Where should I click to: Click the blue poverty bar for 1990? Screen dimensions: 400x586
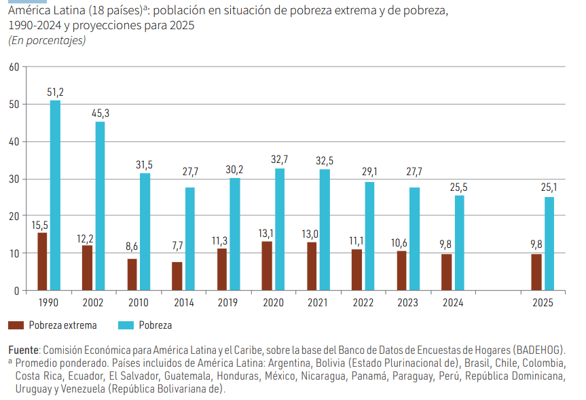pyautogui.click(x=55, y=196)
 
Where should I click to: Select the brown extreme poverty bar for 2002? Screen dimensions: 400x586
pyautogui.click(x=88, y=268)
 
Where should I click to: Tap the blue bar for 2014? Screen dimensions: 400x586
pyautogui.click(x=190, y=239)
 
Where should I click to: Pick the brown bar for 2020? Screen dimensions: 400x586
pyautogui.click(x=267, y=266)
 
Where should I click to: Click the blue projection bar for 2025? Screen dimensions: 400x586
pyautogui.click(x=549, y=244)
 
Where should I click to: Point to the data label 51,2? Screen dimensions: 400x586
pyautogui.click(x=55, y=91)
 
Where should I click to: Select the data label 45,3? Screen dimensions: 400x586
pyautogui.click(x=100, y=113)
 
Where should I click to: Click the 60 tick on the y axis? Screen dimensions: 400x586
pyautogui.click(x=14, y=67)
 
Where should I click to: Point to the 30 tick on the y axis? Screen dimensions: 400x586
pyautogui.click(x=14, y=179)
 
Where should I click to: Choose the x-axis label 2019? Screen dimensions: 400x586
pyautogui.click(x=228, y=303)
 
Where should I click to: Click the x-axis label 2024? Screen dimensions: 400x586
pyautogui.click(x=453, y=303)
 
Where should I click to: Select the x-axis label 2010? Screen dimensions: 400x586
pyautogui.click(x=139, y=303)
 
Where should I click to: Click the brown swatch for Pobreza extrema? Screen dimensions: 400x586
pyautogui.click(x=16, y=325)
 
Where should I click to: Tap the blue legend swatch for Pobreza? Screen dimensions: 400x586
pyautogui.click(x=126, y=325)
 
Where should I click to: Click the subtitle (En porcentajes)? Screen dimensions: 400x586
pyautogui.click(x=47, y=41)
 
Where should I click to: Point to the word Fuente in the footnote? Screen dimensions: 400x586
pyautogui.click(x=24, y=350)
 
